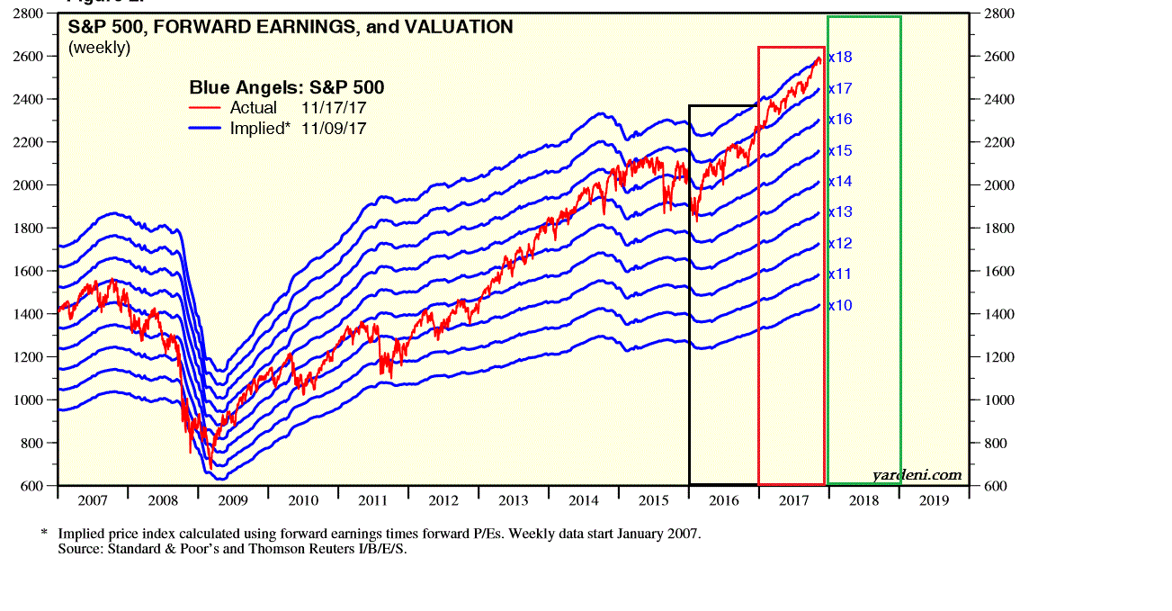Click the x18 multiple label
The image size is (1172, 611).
[840, 57]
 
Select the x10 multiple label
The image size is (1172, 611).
[840, 305]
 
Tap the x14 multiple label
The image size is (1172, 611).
[840, 181]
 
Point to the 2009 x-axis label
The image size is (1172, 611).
[232, 500]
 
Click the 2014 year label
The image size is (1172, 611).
[584, 500]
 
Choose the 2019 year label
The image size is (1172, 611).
[934, 500]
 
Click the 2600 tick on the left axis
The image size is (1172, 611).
[29, 57]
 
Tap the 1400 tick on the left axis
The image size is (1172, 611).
[29, 314]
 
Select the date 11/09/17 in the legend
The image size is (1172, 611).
[334, 128]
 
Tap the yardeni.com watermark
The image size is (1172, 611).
[917, 475]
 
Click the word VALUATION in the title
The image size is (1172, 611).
[458, 27]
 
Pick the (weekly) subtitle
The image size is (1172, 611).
[99, 48]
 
